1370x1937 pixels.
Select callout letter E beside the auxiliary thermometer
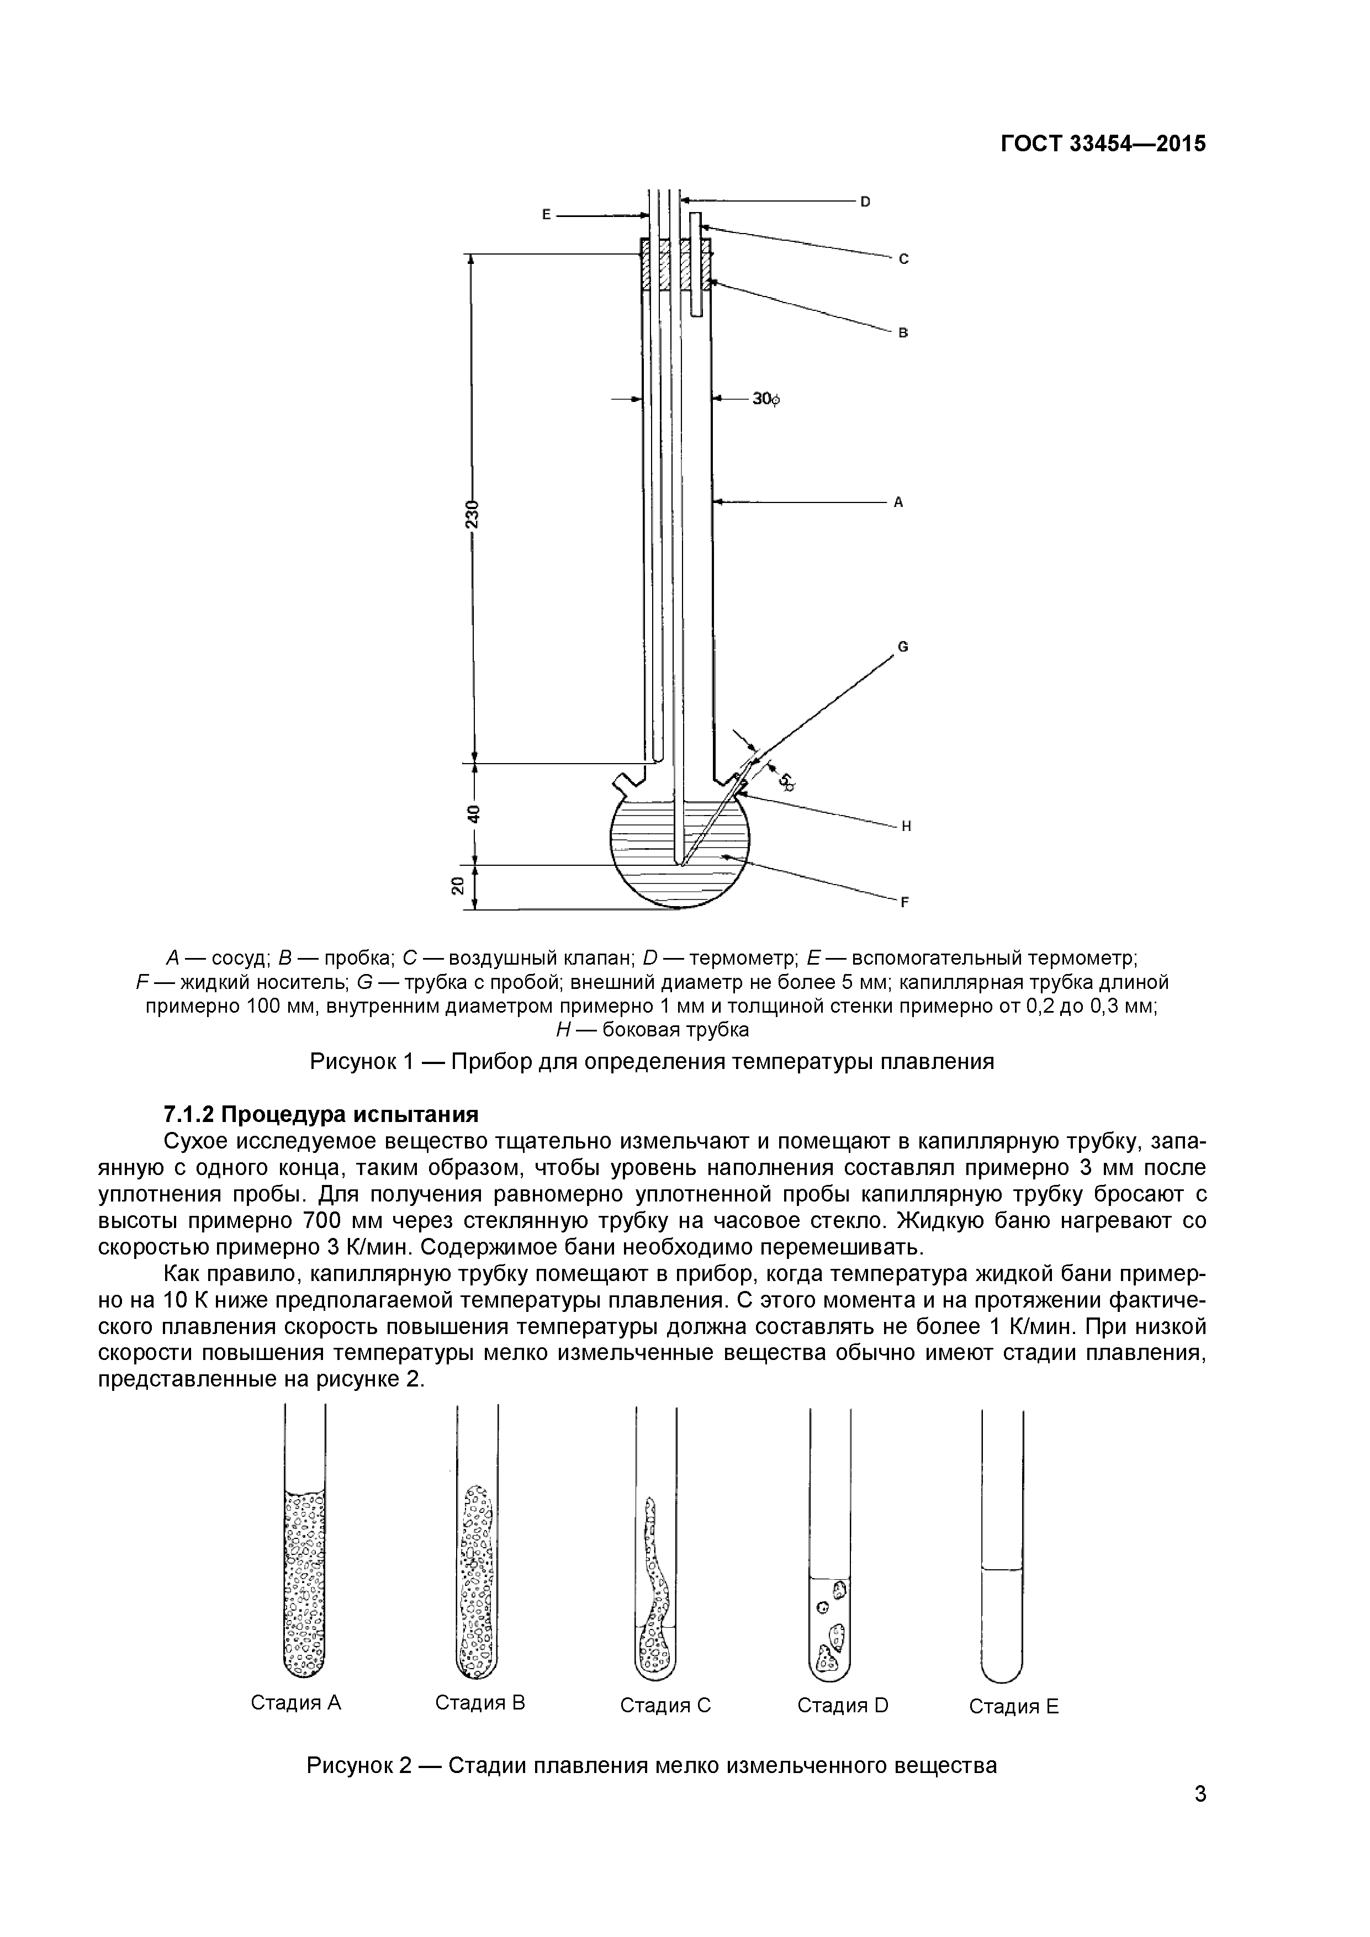(x=546, y=215)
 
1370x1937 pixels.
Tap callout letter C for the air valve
(x=903, y=259)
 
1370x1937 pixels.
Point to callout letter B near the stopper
(x=903, y=334)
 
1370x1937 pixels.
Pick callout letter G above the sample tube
(x=902, y=647)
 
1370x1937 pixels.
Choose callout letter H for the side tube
(x=906, y=826)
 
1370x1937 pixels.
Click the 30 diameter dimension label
(x=765, y=399)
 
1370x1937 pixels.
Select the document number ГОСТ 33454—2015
(x=1103, y=144)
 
